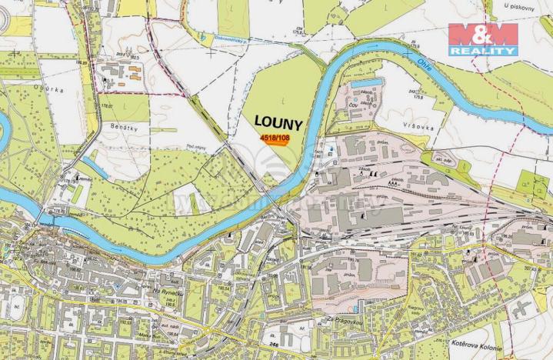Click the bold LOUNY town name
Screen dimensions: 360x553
274,122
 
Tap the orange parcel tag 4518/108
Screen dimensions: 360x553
275,138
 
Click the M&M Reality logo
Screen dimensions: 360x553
482,38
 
